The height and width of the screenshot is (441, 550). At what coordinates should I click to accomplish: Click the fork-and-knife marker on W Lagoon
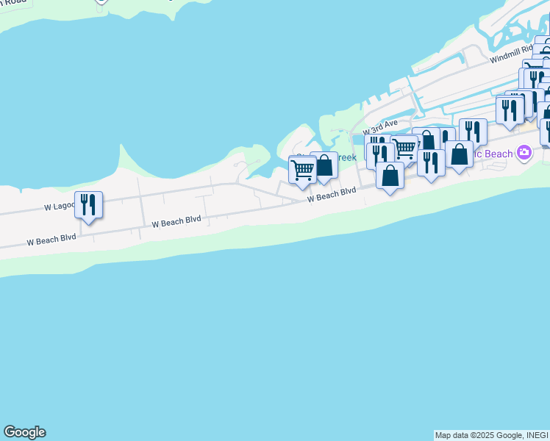tap(88, 205)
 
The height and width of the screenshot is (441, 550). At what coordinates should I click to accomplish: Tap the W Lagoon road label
tap(60, 206)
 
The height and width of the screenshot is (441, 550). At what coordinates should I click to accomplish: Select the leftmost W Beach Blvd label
tap(51, 240)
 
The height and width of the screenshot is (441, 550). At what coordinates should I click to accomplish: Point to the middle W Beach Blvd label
tap(176, 222)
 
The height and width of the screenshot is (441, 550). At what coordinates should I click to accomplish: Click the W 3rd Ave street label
tap(379, 126)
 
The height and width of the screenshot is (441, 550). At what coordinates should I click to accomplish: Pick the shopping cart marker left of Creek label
tap(302, 171)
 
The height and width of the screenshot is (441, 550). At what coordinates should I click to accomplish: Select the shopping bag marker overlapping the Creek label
tap(324, 165)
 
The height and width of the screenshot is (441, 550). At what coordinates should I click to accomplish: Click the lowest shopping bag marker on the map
tap(390, 176)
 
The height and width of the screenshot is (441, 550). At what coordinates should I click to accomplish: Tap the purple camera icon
tap(524, 153)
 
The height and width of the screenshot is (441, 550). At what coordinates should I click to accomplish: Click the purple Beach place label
tap(496, 154)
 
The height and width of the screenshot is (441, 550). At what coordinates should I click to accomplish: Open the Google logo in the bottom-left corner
tap(24, 432)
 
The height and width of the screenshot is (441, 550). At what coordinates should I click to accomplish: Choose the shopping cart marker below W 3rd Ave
tap(404, 148)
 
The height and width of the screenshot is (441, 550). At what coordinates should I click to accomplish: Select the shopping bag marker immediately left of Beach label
tap(459, 155)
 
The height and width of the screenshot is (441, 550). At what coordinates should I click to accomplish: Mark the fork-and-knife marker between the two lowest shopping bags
tap(431, 162)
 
